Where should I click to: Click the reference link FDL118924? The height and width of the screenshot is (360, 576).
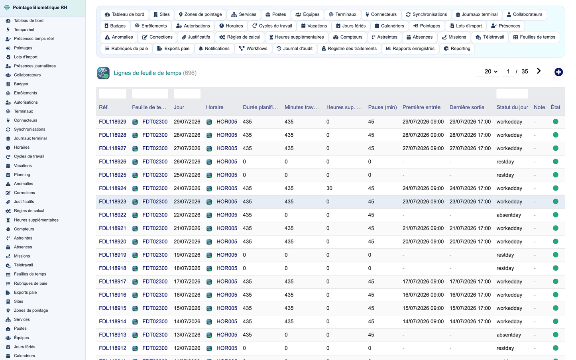click(112, 188)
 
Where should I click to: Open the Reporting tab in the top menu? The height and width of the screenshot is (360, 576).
click(457, 49)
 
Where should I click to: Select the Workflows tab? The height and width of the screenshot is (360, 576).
click(253, 49)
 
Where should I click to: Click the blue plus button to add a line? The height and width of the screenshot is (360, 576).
click(558, 72)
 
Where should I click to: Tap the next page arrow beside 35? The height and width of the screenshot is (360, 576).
click(539, 71)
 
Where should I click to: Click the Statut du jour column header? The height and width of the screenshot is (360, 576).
click(512, 107)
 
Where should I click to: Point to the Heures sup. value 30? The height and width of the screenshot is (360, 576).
click(329, 188)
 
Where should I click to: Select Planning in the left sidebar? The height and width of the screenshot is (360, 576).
click(22, 175)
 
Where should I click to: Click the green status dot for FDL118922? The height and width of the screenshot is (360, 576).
click(555, 215)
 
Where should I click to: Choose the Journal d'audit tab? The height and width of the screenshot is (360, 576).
click(295, 49)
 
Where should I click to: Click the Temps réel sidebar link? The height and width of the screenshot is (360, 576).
click(24, 30)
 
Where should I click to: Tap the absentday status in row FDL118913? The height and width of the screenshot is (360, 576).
click(509, 335)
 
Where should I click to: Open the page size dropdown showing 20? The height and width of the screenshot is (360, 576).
click(491, 71)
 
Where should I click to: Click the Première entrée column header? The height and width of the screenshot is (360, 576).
click(421, 107)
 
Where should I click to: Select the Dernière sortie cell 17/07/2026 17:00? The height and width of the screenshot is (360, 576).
click(470, 281)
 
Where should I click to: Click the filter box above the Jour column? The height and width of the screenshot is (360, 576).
click(187, 94)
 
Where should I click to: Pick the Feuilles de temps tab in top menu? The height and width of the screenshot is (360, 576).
click(534, 37)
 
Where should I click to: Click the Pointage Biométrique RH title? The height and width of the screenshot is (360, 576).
click(40, 8)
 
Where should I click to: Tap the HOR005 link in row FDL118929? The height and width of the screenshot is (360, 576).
click(226, 122)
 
